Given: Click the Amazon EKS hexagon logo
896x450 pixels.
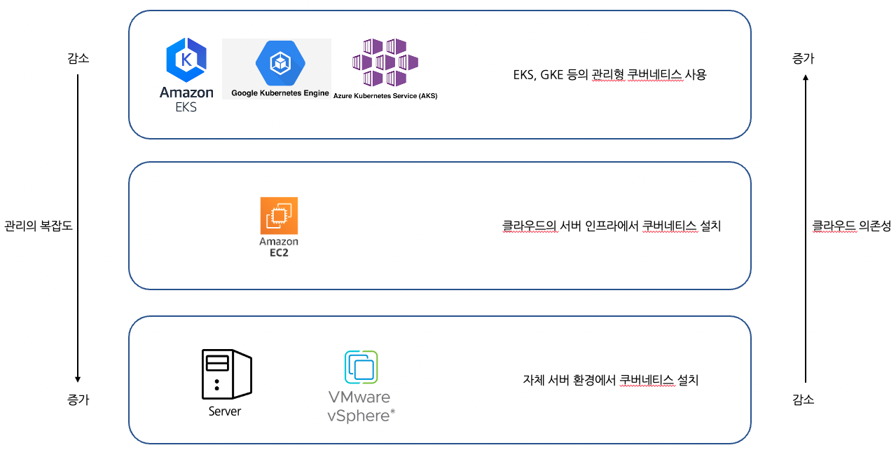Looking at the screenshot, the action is pos(186,60).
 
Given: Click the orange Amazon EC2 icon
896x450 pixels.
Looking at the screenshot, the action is pos(279,216).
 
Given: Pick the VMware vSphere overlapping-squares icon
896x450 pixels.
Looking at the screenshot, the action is pos(361,367).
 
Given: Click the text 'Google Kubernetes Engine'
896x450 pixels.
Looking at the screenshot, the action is pos(280,93).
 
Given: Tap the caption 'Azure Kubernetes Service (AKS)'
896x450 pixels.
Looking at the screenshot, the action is pos(385,96).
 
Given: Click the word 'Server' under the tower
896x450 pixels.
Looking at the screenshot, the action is pos(225,411).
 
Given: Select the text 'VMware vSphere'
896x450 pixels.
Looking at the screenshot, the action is pos(360,407).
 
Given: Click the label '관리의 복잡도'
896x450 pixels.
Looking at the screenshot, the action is pos(39,226).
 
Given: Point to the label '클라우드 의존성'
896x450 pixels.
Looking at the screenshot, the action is pos(851,226).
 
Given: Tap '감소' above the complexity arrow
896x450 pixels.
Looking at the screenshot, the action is pos(78,59).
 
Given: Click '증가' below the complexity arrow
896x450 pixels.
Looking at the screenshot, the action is pos(78,400).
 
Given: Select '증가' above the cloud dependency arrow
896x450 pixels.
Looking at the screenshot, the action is pos(804,59).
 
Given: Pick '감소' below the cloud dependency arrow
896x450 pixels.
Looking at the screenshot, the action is pos(804,400).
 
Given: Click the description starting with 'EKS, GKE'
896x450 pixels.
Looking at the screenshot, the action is pos(609,75).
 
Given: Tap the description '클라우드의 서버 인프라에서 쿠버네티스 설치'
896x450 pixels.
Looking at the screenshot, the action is pos(612,226).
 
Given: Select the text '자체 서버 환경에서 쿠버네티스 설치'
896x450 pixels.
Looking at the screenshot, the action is pos(611,381).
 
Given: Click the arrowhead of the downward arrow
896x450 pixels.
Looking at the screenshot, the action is pos(78,379).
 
